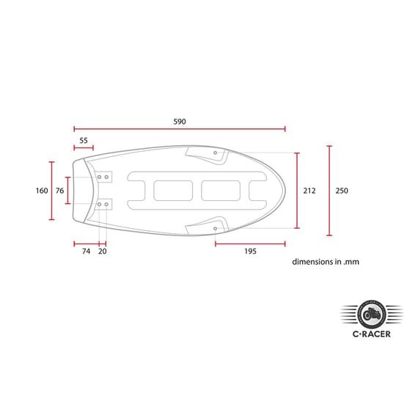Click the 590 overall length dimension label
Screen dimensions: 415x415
pos(180,122)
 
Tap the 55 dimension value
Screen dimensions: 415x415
pos(84,141)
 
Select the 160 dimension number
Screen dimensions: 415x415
pos(42,191)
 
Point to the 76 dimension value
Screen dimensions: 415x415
pos(60,191)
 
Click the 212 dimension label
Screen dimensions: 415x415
pos(309,191)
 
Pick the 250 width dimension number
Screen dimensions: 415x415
pos(342,191)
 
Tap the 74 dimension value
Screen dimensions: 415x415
pos(86,251)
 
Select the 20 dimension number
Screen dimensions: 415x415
pos(103,251)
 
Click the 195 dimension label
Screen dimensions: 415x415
pos(250,251)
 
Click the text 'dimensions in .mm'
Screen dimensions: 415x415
pos(326,262)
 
